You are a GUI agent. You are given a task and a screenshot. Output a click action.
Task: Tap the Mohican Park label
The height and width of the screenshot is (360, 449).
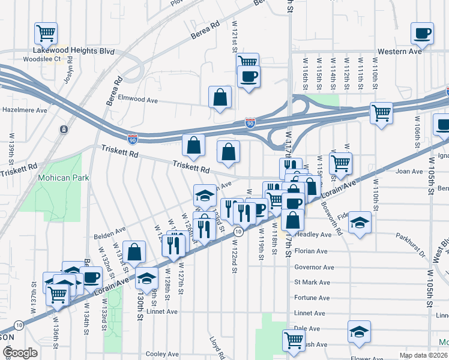(63, 178)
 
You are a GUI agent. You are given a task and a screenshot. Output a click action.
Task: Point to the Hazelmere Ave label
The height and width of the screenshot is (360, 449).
(24, 110)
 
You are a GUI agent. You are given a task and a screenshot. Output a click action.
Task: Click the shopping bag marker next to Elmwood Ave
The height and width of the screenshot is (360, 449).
(220, 97)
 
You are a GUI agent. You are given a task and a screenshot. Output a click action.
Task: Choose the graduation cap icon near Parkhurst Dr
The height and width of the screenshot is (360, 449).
(360, 222)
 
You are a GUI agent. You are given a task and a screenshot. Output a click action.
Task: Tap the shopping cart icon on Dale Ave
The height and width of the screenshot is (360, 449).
(294, 340)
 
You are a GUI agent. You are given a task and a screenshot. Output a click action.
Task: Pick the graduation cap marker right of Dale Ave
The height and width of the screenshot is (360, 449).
(359, 331)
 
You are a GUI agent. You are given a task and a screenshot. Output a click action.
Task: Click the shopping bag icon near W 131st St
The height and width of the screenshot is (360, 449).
(135, 253)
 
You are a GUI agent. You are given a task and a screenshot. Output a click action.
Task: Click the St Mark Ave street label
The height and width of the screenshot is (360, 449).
(312, 282)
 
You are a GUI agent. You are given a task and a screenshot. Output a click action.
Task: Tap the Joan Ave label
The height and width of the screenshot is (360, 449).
(409, 172)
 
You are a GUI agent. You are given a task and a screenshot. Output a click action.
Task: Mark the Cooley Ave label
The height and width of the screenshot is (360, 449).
(160, 355)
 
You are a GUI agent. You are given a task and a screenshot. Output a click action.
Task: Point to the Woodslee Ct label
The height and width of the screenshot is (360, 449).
(41, 59)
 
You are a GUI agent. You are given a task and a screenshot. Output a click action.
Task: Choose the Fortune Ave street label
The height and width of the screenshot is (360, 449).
(312, 298)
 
